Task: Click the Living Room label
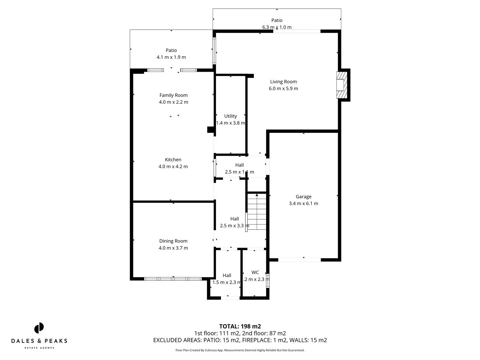click(283, 82)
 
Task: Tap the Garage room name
click(303, 197)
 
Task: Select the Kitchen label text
click(173, 160)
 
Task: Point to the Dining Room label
click(173, 241)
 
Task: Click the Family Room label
click(173, 95)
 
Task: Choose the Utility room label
click(230, 116)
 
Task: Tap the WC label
click(255, 272)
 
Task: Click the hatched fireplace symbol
click(341, 85)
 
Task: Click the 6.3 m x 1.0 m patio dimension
click(277, 27)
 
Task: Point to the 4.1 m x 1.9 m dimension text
click(171, 57)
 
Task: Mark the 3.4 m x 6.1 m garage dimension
click(303, 203)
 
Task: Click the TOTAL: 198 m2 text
click(240, 326)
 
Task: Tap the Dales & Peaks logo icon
click(39, 328)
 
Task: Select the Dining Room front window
click(173, 279)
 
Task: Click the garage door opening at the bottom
click(299, 259)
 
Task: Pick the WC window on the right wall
click(268, 280)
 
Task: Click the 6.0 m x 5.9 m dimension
click(283, 88)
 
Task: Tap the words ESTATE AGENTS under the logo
click(39, 348)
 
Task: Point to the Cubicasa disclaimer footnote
click(240, 350)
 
